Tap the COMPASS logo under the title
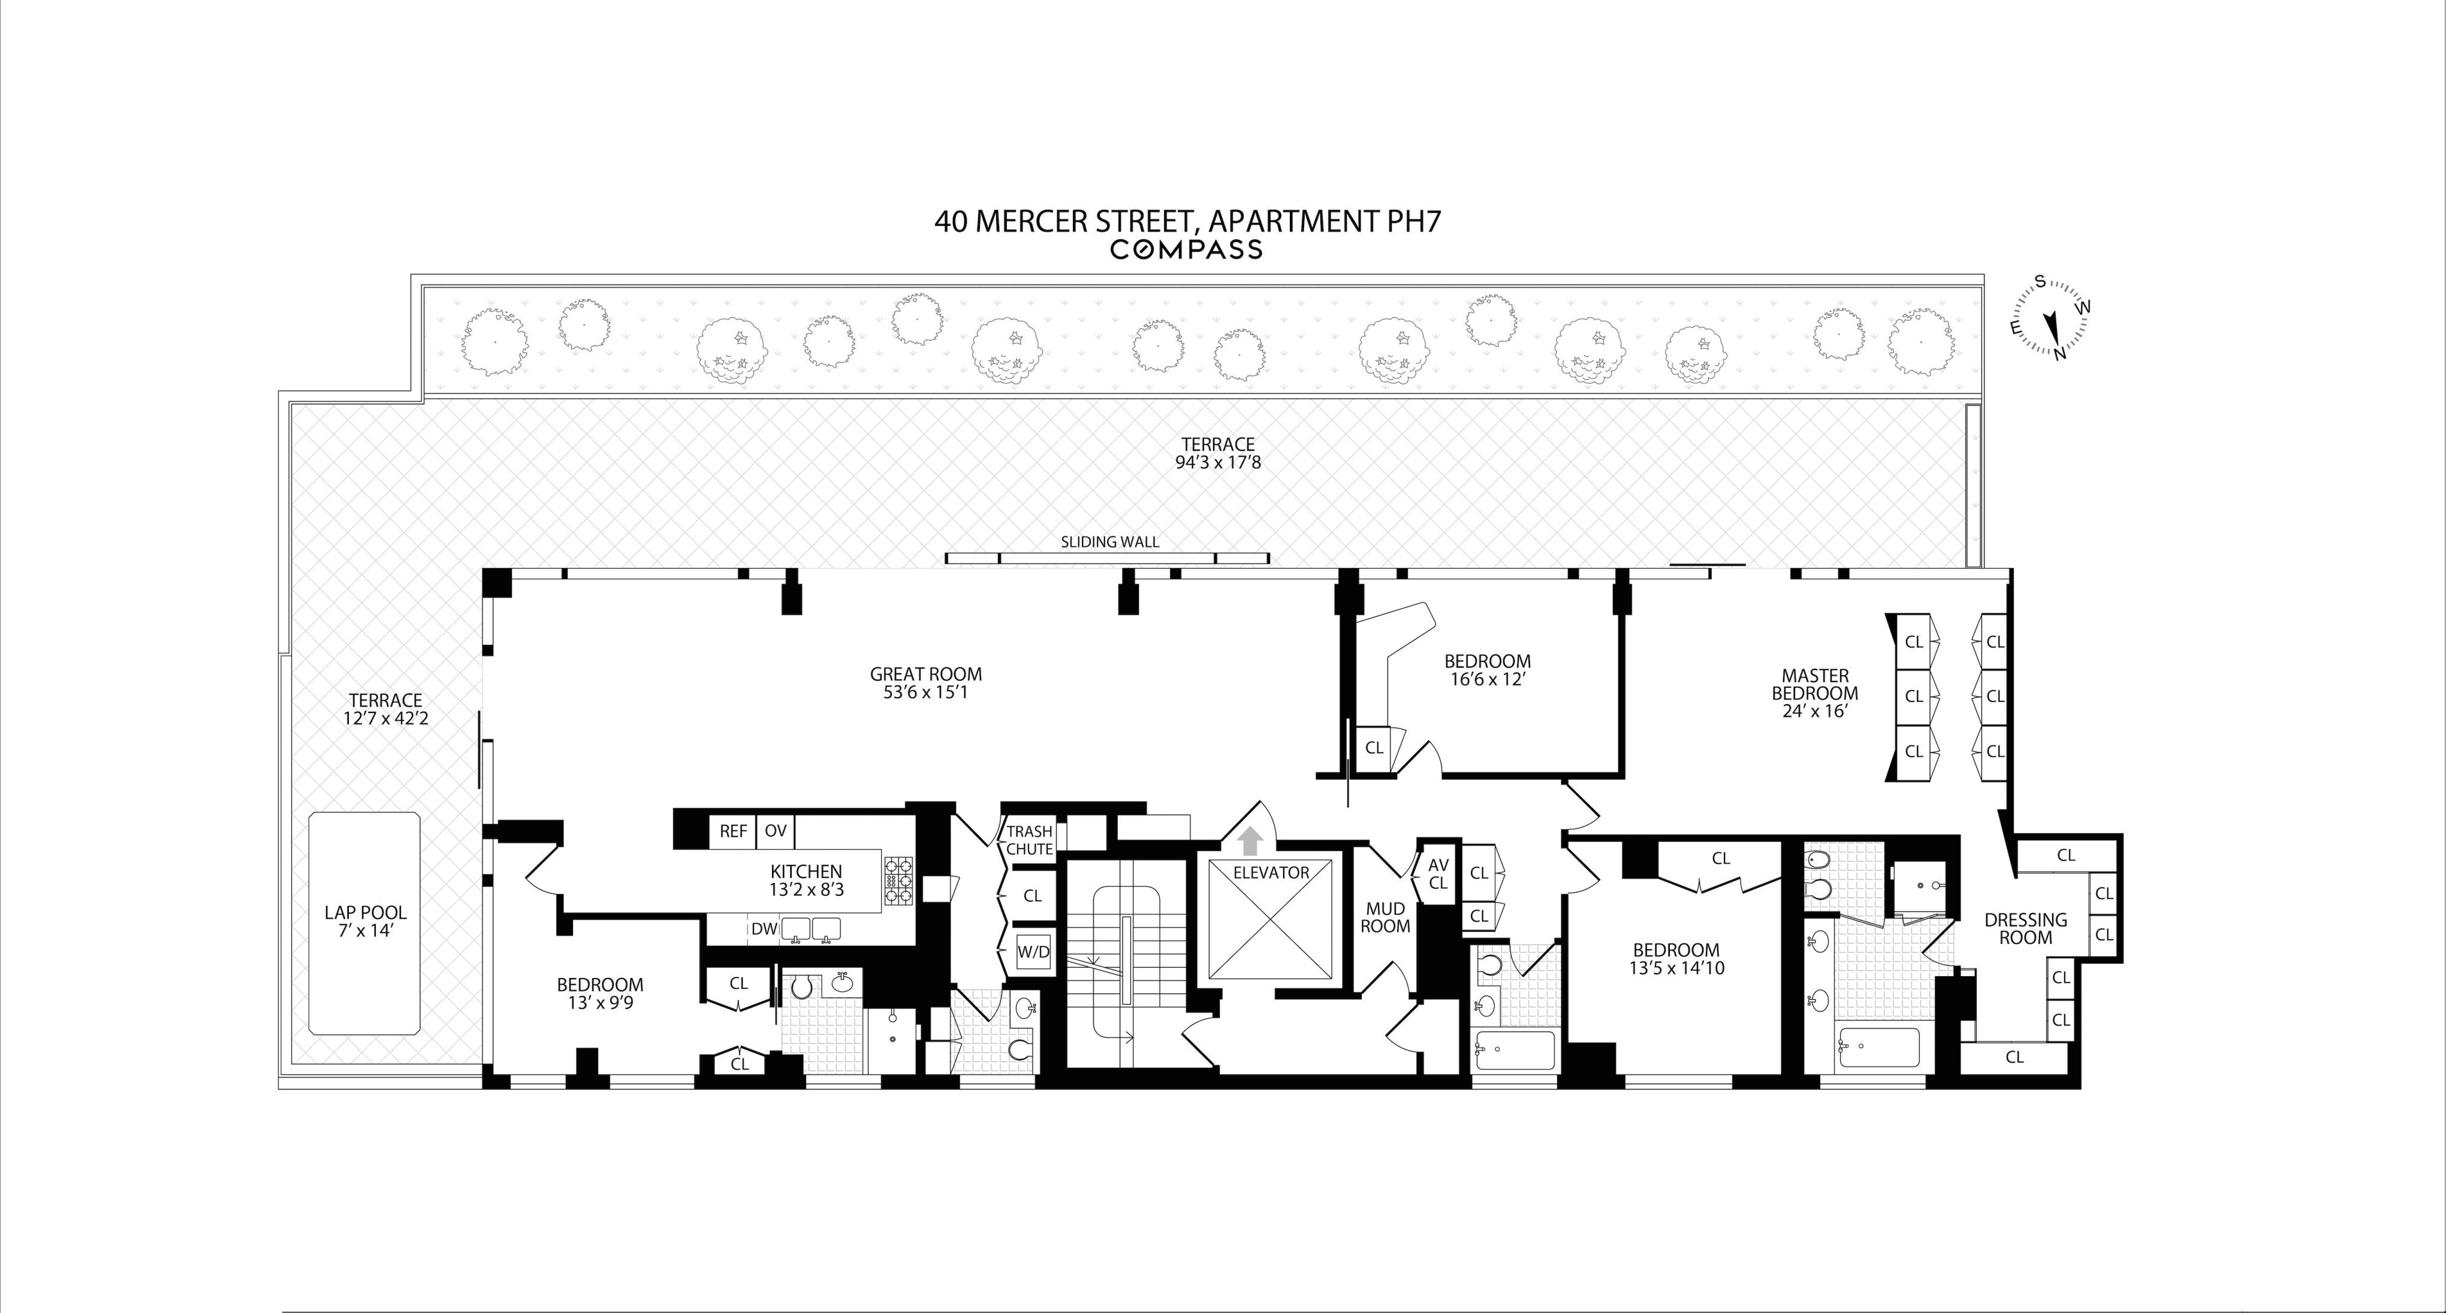(x=1186, y=250)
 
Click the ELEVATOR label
(x=1271, y=873)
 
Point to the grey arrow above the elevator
(x=1250, y=840)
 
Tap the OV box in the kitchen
(x=776, y=831)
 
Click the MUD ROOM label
(x=1385, y=917)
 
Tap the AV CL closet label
(x=1438, y=873)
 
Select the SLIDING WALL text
(x=1109, y=542)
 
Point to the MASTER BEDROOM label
(x=1814, y=684)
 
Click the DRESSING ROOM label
(x=2025, y=928)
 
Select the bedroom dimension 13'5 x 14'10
(x=1675, y=968)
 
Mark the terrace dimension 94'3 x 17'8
(x=1217, y=463)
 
